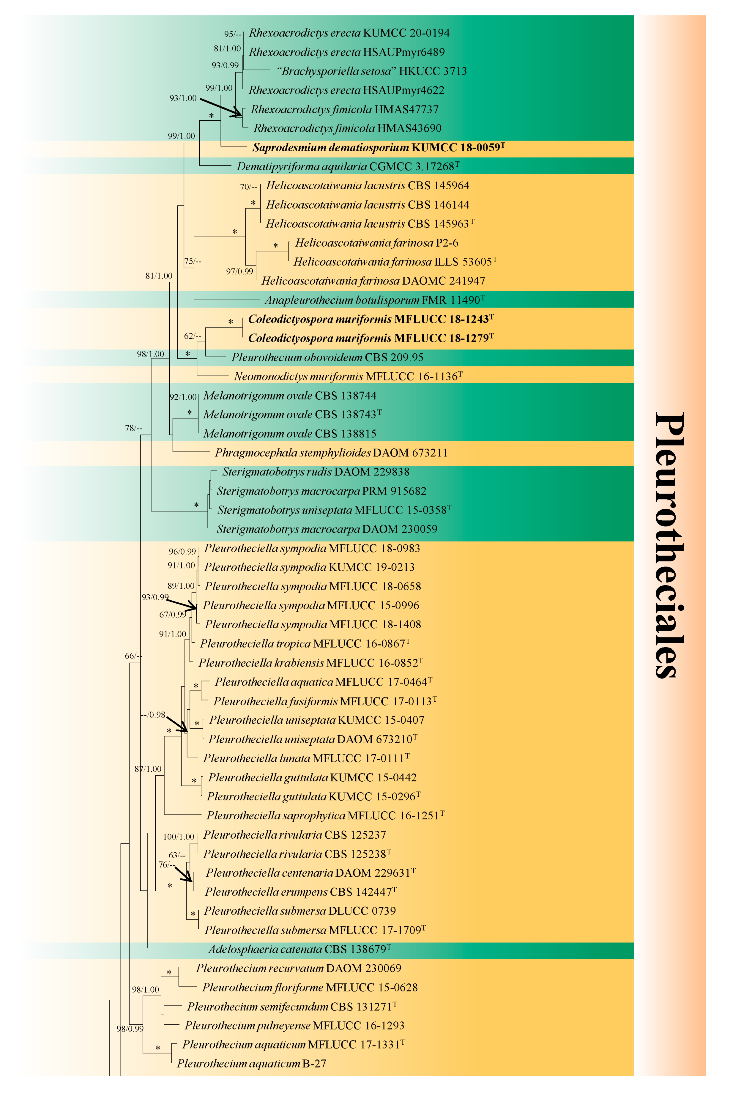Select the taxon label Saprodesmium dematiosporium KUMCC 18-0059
(x=378, y=148)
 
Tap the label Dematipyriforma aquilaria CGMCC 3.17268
(x=347, y=166)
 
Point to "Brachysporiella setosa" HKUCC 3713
(x=371, y=71)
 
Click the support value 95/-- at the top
(x=233, y=34)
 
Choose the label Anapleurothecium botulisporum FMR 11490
(x=375, y=300)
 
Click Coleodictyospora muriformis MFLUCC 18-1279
(x=370, y=338)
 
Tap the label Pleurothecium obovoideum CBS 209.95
(x=327, y=358)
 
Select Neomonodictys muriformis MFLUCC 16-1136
(x=348, y=376)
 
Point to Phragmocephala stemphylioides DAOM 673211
(x=331, y=453)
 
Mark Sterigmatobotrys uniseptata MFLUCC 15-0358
(x=334, y=510)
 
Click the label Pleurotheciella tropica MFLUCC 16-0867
(x=305, y=644)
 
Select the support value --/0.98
(x=153, y=715)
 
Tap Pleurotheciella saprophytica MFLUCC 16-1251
(x=325, y=815)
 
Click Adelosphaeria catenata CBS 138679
(x=299, y=949)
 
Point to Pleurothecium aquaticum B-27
(x=251, y=1064)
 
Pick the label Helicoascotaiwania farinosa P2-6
(x=376, y=243)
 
